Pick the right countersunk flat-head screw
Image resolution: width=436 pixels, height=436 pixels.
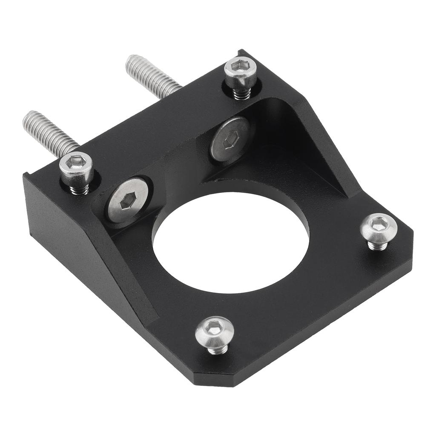[x=230, y=141]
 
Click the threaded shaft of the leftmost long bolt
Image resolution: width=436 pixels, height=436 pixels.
[x=51, y=132]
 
